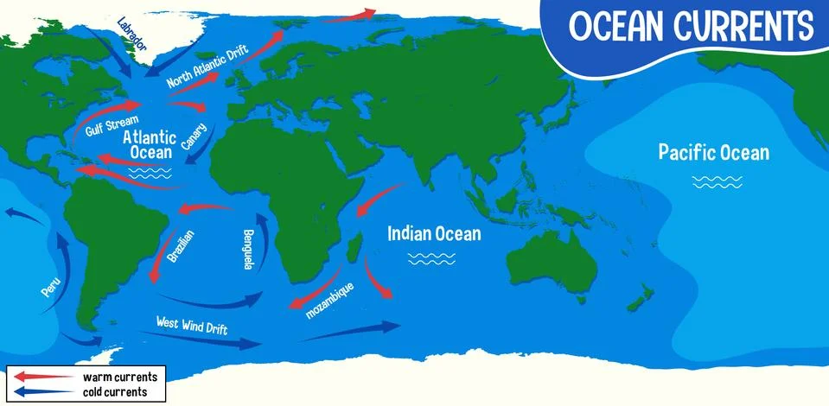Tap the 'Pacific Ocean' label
713,153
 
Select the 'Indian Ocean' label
434,233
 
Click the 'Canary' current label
194,138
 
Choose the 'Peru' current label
49,288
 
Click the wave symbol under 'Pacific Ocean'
717,181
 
